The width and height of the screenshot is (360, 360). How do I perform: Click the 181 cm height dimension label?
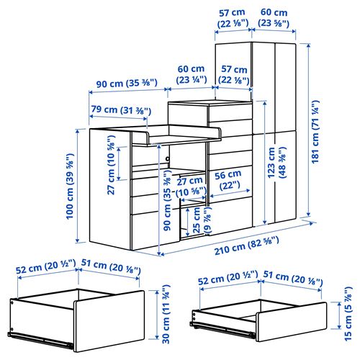pos(315,132)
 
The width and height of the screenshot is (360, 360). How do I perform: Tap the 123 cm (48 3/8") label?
pos(276,163)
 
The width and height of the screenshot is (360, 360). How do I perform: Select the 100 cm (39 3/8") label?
pos(70,186)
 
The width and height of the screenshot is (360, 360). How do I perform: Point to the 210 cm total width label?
pos(247,245)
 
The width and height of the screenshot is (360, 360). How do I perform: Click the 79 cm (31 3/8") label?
pos(121,110)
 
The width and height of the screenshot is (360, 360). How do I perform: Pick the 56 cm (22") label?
pos(228,180)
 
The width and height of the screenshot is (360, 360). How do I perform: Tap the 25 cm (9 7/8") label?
pos(201,220)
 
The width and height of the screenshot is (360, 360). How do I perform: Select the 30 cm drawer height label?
pos(166,314)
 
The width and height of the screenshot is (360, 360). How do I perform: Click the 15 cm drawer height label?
pos(348,314)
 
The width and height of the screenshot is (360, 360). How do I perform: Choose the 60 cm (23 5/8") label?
pos(274,17)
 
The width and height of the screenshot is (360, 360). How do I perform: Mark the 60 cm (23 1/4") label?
pos(192,74)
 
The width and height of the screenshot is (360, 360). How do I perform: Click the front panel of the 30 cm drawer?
pos(109,321)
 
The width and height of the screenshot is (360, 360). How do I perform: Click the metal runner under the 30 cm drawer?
pos(40,339)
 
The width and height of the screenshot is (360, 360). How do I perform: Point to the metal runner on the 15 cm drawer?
pos(222,328)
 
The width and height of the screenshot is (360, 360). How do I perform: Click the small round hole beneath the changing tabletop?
pos(167,158)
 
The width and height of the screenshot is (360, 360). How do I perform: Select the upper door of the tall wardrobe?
pos(274,87)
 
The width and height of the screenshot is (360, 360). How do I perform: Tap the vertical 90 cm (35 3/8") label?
pos(167,200)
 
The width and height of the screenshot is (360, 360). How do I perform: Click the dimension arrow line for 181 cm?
pos(309,130)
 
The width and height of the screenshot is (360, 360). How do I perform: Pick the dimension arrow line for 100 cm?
pos(77,186)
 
